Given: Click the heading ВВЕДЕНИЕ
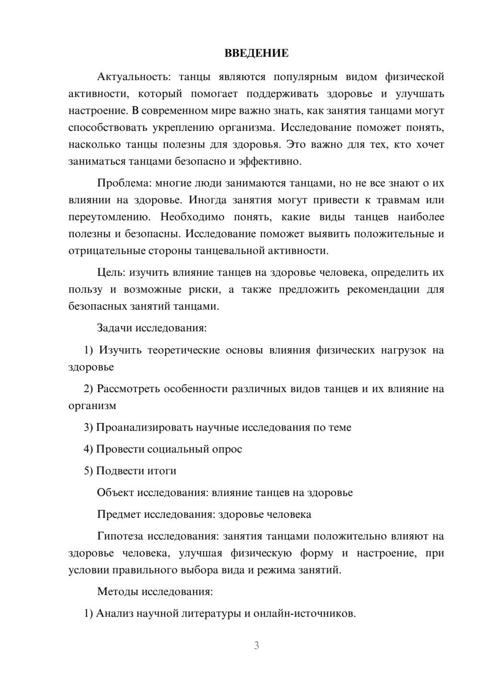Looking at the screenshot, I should (x=256, y=53).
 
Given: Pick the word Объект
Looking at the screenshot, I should (x=115, y=492).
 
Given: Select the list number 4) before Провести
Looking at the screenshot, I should (x=88, y=449).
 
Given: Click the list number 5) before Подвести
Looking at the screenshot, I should (x=88, y=471).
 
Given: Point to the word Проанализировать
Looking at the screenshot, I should (x=143, y=427).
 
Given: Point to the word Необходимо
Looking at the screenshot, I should (x=192, y=217).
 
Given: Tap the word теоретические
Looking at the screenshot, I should (x=182, y=350).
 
